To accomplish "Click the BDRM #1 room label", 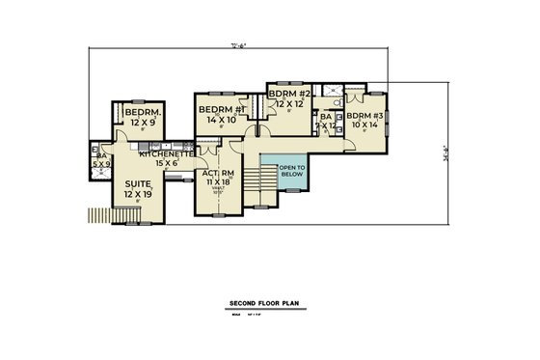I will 222,109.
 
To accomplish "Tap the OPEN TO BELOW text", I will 292,173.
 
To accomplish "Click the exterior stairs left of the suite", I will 99,214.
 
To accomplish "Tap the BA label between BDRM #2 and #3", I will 326,117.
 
